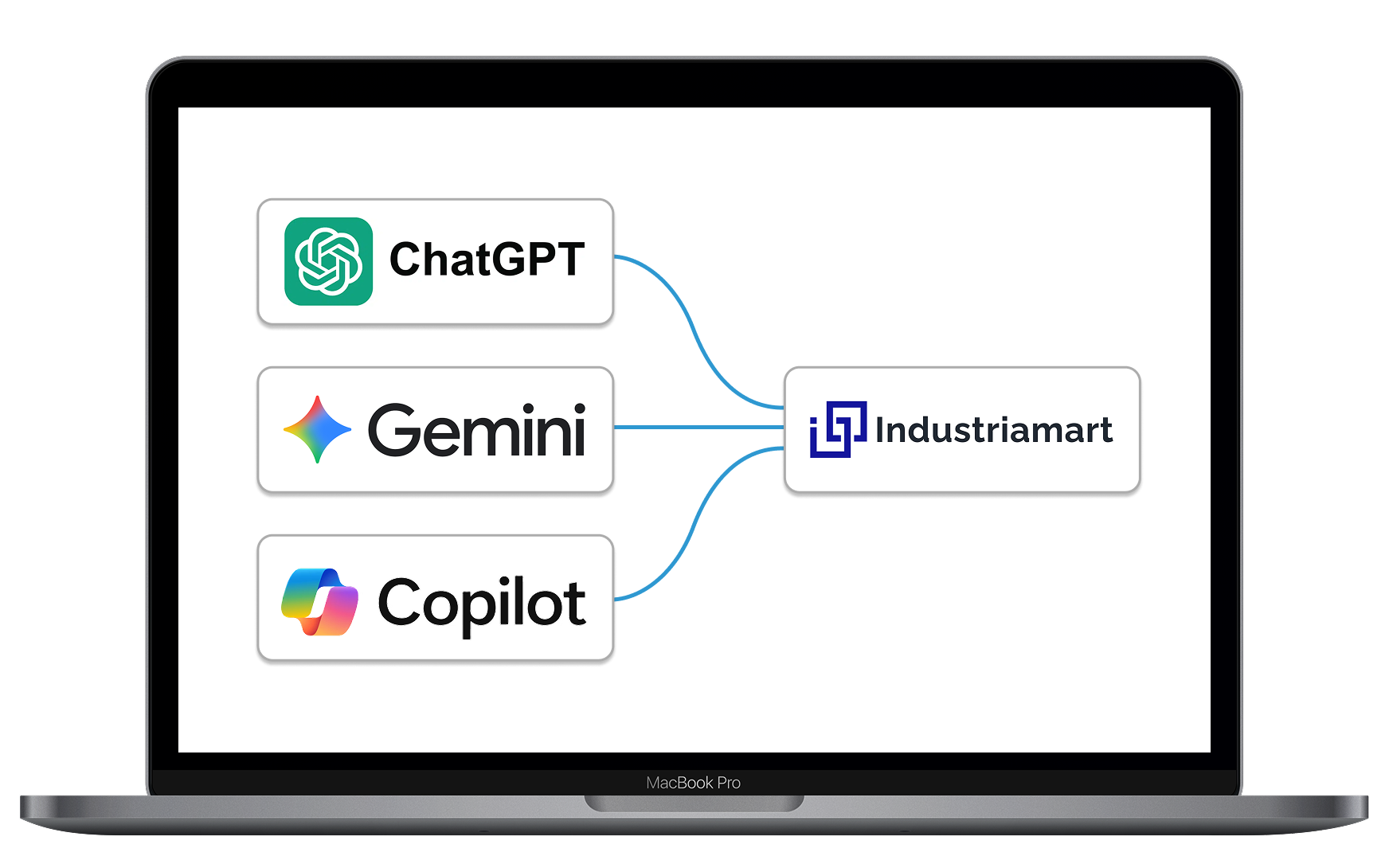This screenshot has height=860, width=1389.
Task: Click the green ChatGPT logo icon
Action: [x=328, y=261]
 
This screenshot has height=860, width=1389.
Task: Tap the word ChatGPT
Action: [x=487, y=260]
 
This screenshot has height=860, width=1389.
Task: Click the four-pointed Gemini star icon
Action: [x=317, y=429]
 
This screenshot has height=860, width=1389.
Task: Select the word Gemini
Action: [x=477, y=430]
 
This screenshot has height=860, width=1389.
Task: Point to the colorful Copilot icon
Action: [x=320, y=602]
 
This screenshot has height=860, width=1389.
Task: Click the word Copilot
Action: [x=482, y=604]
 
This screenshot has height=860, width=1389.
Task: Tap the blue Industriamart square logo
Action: [x=838, y=429]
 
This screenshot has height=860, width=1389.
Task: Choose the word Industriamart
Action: [x=993, y=430]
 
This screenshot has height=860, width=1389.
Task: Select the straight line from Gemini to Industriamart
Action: [x=698, y=428]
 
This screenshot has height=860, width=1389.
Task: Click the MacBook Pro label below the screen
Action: [x=693, y=783]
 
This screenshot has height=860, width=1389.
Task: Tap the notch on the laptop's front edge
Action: [x=694, y=803]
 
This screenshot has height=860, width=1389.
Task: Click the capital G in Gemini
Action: [x=394, y=430]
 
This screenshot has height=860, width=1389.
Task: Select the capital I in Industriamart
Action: [x=880, y=430]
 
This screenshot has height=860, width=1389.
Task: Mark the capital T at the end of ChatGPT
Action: [x=569, y=260]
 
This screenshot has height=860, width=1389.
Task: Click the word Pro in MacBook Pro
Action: [x=729, y=783]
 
